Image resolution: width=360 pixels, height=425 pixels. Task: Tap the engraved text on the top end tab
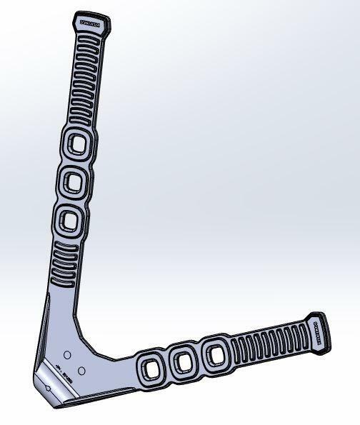tap(91, 24)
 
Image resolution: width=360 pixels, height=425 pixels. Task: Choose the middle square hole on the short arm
tap(184, 362)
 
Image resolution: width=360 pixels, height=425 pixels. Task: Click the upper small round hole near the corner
tap(66, 354)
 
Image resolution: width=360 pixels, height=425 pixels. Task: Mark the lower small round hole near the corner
tap(82, 370)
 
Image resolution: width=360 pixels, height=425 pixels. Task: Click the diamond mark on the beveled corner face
tap(46, 387)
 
